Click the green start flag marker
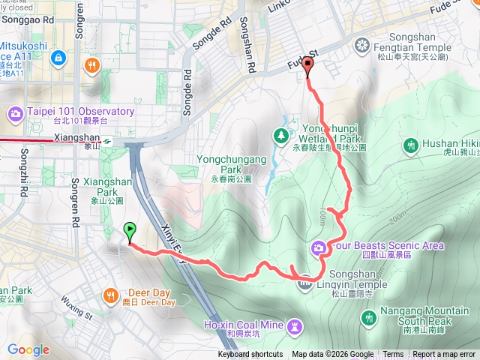coord(130,232)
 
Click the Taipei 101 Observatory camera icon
coord(16,114)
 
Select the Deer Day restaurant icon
coord(111,294)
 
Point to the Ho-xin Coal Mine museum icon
coord(295,325)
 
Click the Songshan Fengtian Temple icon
coord(362,46)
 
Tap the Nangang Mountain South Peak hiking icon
coord(368,318)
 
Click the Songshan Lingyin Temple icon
coord(305,281)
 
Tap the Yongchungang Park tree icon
coord(280,136)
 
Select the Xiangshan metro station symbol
coord(108,139)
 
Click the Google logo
coord(28,349)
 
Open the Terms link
coord(393,355)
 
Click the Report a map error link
coord(444,355)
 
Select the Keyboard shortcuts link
coord(250,355)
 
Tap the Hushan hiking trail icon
coord(411,145)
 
